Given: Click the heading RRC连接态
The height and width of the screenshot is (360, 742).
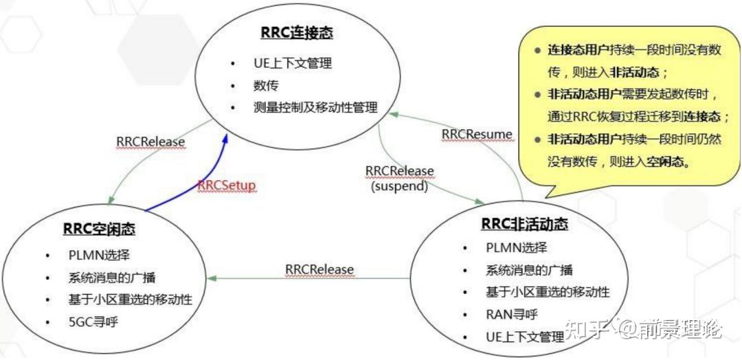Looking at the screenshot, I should pos(291,32).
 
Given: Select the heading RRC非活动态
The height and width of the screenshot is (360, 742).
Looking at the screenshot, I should pos(524,225).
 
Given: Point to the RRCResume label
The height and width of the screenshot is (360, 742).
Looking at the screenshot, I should pos(477,133).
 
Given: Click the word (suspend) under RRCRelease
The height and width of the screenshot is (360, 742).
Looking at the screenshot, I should pos(399,185).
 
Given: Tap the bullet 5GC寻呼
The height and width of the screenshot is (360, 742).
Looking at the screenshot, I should pos(93,321).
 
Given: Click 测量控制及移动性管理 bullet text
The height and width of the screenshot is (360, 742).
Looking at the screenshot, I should pos(315,108).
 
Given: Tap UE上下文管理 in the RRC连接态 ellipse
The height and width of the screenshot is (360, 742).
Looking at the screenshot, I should pos(292,63).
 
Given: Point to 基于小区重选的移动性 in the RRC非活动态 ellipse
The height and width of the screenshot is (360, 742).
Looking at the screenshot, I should pos(548,292).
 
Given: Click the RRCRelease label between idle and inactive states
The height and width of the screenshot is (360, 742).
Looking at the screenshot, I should pos(319,269).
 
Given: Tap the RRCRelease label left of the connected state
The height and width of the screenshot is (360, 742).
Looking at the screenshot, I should pos(150,142).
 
